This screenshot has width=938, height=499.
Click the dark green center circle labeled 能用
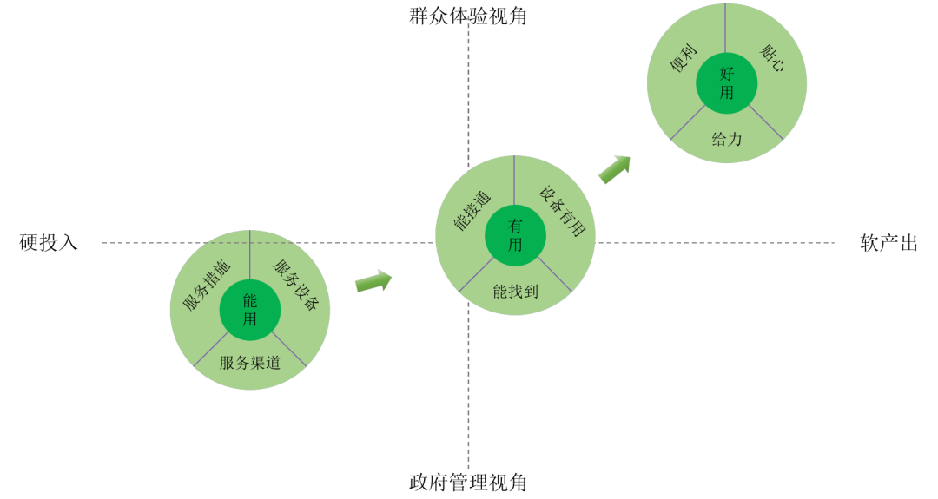250,310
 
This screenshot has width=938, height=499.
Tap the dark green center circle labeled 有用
515,235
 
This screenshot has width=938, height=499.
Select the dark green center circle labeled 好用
727,83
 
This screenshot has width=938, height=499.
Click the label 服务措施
207,286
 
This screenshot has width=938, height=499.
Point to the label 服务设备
296,286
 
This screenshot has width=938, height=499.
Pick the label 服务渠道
250,363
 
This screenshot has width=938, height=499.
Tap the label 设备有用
562,211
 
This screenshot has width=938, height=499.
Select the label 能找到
515,292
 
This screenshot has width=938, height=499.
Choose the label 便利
684,59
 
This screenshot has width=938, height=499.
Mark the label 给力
727,139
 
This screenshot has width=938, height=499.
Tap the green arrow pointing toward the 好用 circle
614,169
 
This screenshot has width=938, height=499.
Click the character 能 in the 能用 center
250,300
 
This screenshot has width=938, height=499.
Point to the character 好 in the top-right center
727,74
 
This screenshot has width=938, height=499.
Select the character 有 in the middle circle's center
515,226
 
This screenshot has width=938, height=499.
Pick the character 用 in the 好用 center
727,92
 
